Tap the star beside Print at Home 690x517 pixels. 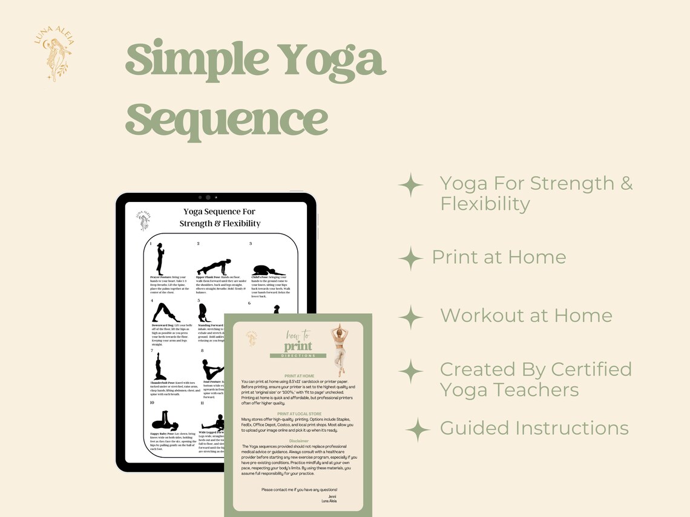(410, 258)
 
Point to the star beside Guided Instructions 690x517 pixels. (418, 429)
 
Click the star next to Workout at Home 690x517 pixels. (412, 316)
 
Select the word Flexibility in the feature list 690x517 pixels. (484, 204)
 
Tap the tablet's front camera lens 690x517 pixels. (208, 197)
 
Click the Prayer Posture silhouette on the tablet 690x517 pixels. (160, 258)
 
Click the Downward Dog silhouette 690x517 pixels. (166, 313)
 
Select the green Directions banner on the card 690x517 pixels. (298, 356)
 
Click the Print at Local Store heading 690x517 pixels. (299, 414)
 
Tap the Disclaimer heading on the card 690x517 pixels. (299, 441)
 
